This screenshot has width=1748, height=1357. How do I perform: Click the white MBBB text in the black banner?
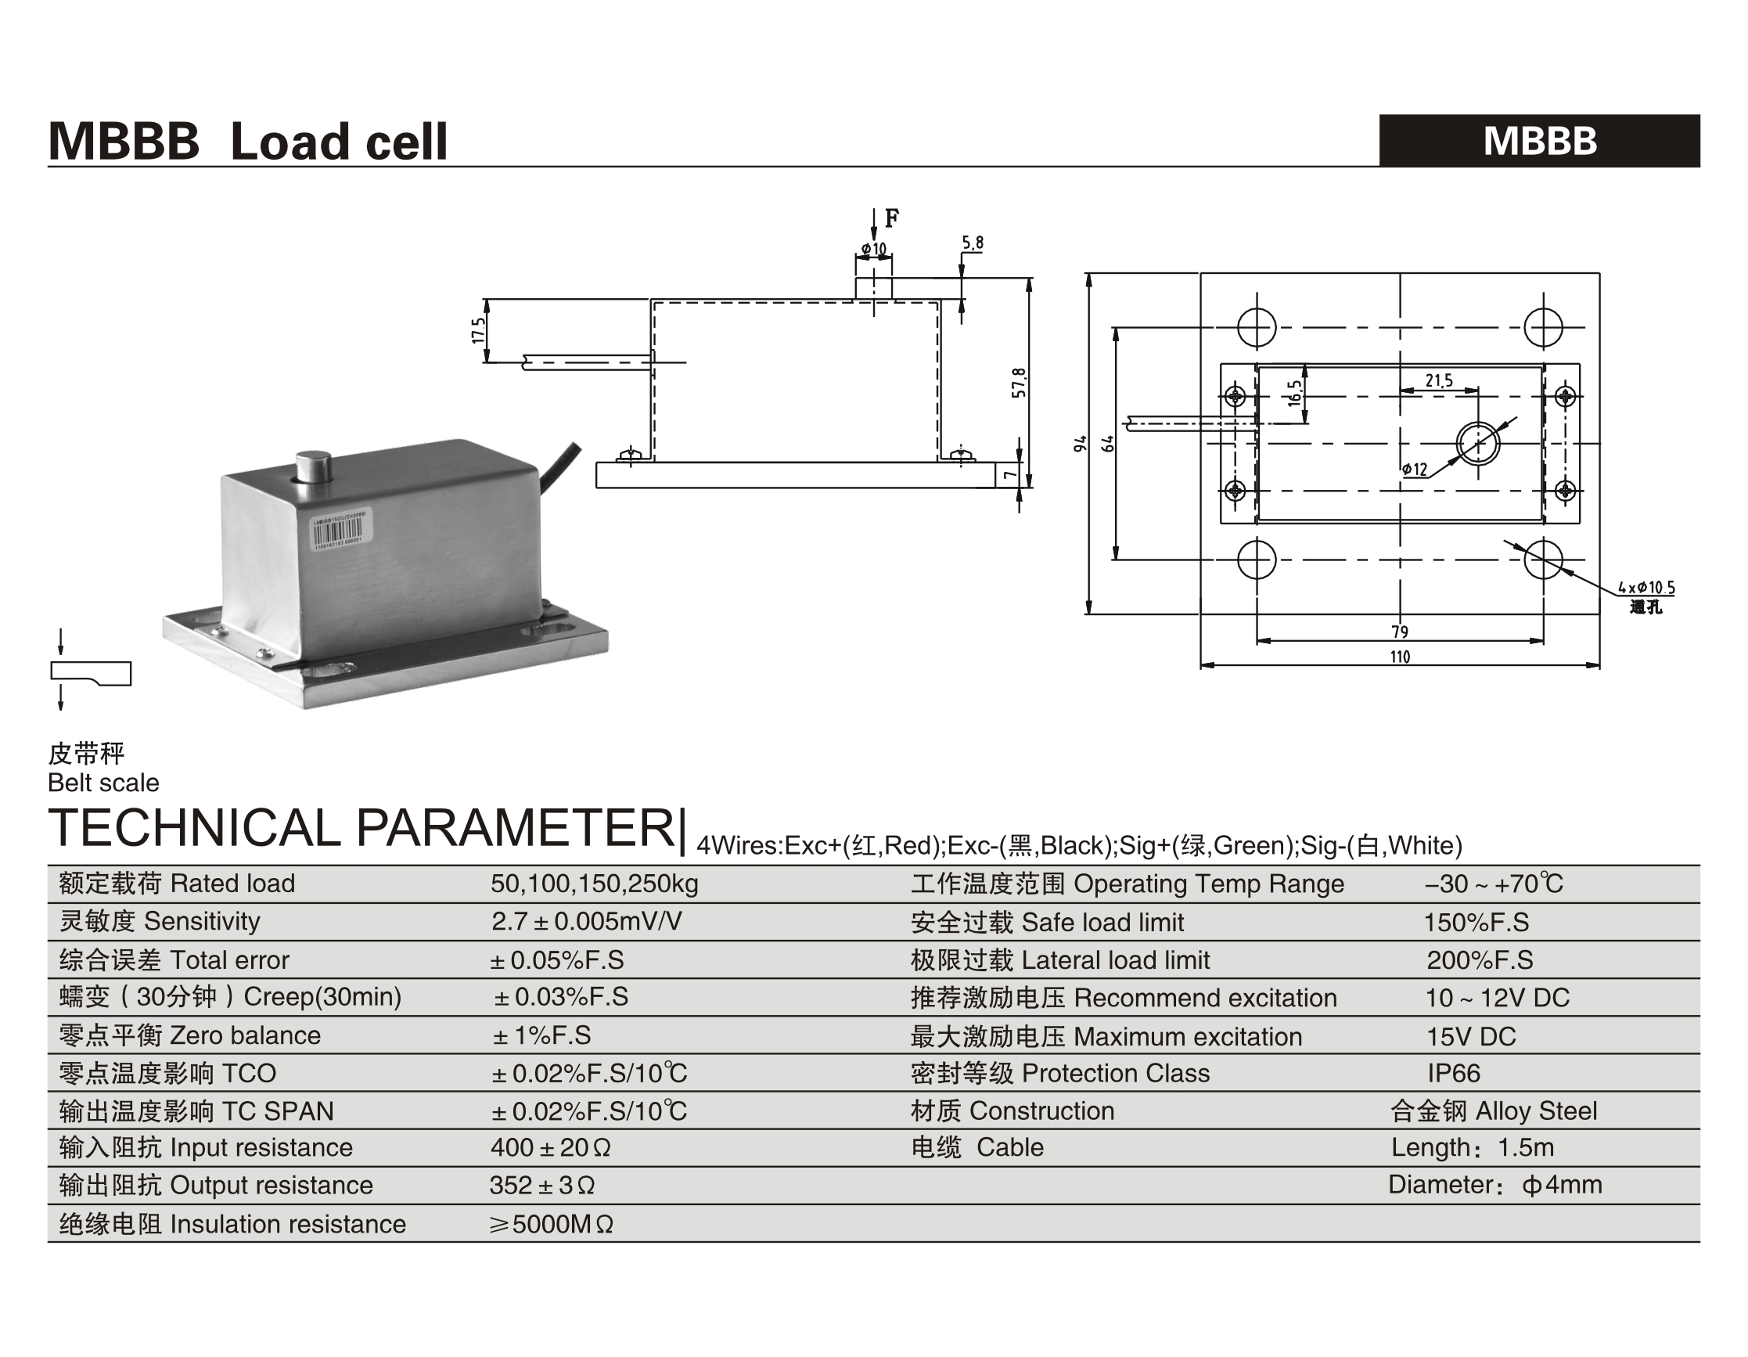(x=1539, y=141)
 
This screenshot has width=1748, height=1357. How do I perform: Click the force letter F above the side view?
(x=892, y=218)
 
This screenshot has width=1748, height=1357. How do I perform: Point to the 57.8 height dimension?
(x=1018, y=383)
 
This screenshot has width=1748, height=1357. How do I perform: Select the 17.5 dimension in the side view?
(x=478, y=331)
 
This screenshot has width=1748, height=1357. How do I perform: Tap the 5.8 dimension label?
(x=973, y=243)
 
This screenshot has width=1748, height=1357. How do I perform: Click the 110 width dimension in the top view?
(x=1400, y=657)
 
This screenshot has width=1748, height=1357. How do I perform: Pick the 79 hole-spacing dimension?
(x=1400, y=632)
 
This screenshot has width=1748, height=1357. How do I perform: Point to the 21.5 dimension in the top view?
(x=1438, y=380)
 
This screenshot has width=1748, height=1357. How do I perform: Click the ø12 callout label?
(x=1414, y=469)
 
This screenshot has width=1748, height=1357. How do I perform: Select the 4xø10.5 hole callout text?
(x=1646, y=588)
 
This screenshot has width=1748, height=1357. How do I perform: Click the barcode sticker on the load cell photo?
(x=337, y=530)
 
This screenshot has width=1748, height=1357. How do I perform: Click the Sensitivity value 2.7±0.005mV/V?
(x=586, y=921)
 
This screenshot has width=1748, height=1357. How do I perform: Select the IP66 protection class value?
(x=1454, y=1073)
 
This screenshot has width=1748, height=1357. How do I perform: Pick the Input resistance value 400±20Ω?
(x=550, y=1147)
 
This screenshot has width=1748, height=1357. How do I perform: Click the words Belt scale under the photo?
(x=103, y=782)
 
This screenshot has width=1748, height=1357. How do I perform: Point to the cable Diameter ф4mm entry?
(x=1494, y=1185)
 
